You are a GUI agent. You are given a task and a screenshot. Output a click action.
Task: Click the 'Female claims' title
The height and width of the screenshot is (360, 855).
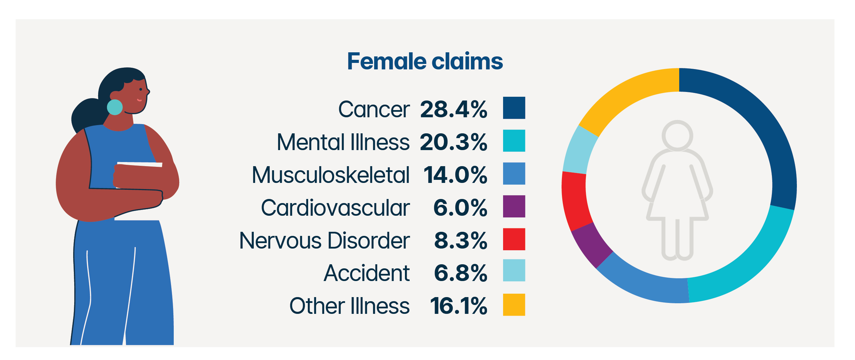(x=425, y=62)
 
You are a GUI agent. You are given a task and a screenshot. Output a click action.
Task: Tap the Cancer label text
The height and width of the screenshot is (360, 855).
(x=374, y=110)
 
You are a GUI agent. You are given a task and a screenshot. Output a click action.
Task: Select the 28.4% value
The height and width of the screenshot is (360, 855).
(x=453, y=110)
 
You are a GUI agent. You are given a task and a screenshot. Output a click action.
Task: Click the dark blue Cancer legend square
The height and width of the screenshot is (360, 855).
(x=514, y=108)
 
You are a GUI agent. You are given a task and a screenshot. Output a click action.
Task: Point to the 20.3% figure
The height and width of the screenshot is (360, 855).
(x=453, y=142)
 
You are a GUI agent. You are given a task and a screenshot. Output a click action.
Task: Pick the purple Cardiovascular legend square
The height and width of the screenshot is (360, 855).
(x=514, y=206)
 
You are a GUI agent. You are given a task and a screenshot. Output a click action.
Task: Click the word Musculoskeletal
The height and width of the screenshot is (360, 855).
(x=331, y=175)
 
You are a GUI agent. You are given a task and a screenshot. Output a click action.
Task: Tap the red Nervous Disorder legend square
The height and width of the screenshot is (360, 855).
(x=514, y=239)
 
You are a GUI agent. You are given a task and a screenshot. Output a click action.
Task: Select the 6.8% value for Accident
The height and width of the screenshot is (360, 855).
(x=460, y=273)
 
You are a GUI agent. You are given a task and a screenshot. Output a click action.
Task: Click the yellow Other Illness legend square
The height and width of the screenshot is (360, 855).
(x=514, y=305)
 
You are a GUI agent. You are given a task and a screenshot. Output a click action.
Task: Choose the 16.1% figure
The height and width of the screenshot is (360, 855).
(x=458, y=306)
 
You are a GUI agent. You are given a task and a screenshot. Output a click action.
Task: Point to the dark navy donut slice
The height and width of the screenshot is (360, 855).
(x=763, y=130)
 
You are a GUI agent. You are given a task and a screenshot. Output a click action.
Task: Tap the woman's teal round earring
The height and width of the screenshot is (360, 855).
(x=115, y=107)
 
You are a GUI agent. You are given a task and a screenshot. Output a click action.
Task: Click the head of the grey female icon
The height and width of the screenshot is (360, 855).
(x=677, y=135)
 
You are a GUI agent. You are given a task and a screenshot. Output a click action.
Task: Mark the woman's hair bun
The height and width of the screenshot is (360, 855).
(x=85, y=115)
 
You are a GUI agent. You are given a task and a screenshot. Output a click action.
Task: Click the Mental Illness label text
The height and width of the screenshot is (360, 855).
(x=343, y=142)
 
